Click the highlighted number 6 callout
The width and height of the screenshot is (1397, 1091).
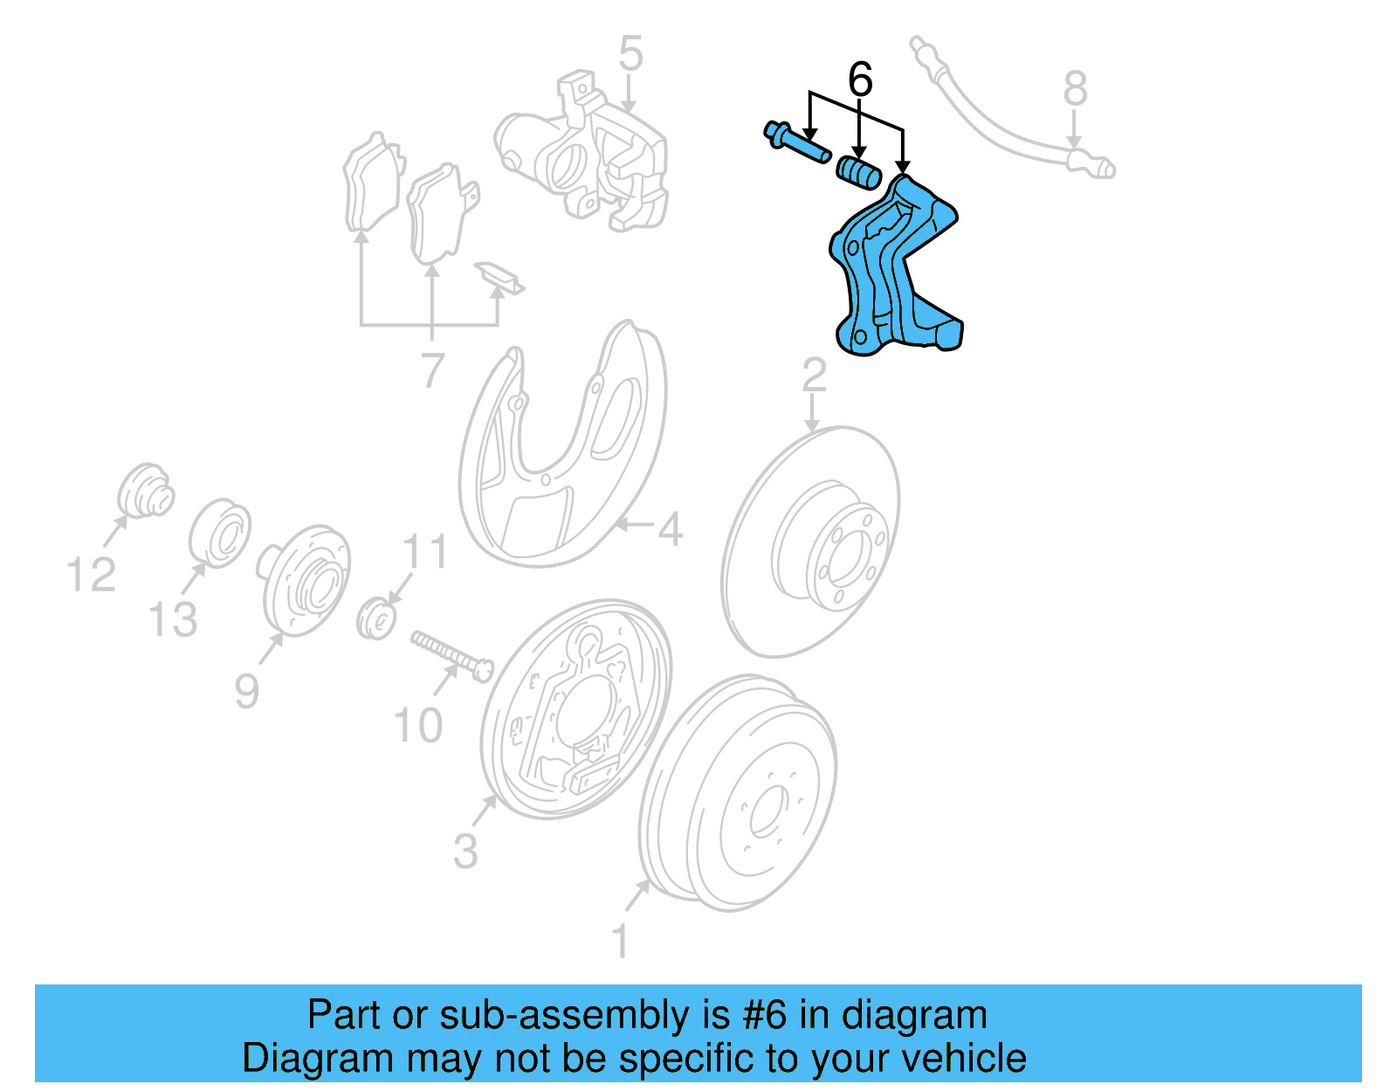point(860,80)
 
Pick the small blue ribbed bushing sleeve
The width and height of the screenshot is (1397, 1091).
point(859,171)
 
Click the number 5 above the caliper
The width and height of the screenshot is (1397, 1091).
point(630,54)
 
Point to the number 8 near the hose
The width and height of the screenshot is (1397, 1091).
point(1075,89)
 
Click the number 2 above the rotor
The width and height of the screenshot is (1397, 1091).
point(814,376)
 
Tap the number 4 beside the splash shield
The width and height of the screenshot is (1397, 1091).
point(670,529)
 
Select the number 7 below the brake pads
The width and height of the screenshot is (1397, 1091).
point(432,371)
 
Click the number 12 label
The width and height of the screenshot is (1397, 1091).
point(91,576)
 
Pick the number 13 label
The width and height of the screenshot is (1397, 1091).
point(173,620)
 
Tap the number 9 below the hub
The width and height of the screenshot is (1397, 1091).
point(246,691)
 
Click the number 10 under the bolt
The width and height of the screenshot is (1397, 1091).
point(418,726)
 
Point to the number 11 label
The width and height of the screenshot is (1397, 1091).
point(425,552)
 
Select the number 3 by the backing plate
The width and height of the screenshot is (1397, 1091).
point(465,851)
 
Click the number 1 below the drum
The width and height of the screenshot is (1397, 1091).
point(620,942)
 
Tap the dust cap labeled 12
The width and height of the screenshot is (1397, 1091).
point(145,492)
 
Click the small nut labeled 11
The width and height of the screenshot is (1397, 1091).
point(377,618)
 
